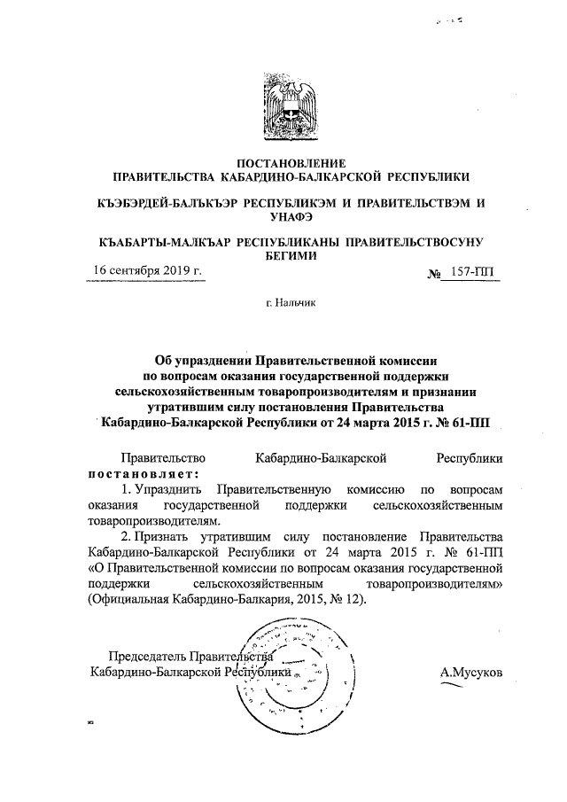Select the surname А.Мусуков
click(471, 673)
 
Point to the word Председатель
click(147, 658)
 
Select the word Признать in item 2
click(170, 537)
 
